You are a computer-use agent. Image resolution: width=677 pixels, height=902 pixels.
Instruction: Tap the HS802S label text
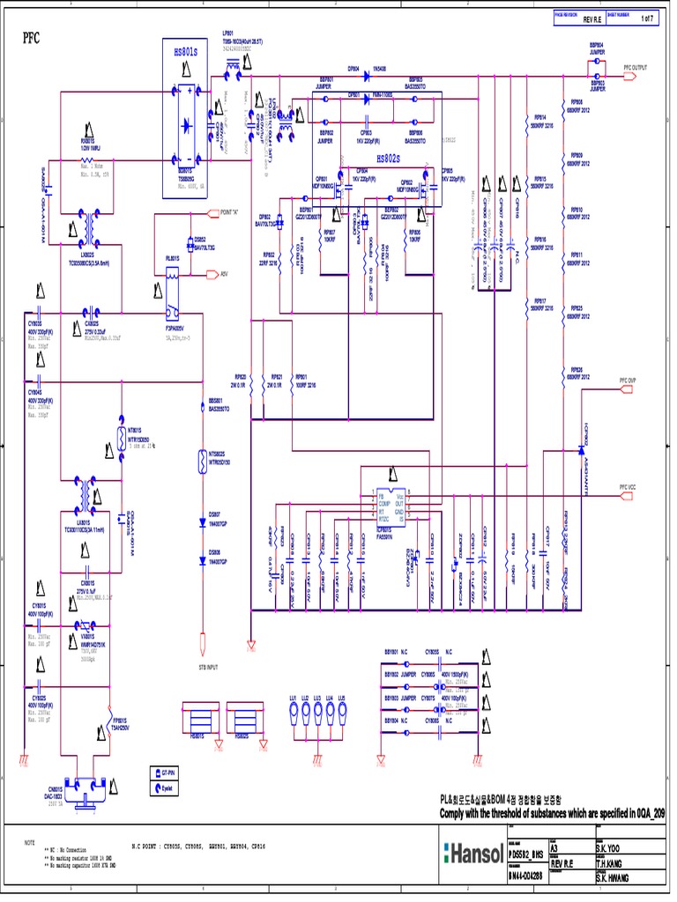click(388, 159)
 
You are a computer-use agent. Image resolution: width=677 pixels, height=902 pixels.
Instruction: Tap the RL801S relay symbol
click(174, 275)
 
